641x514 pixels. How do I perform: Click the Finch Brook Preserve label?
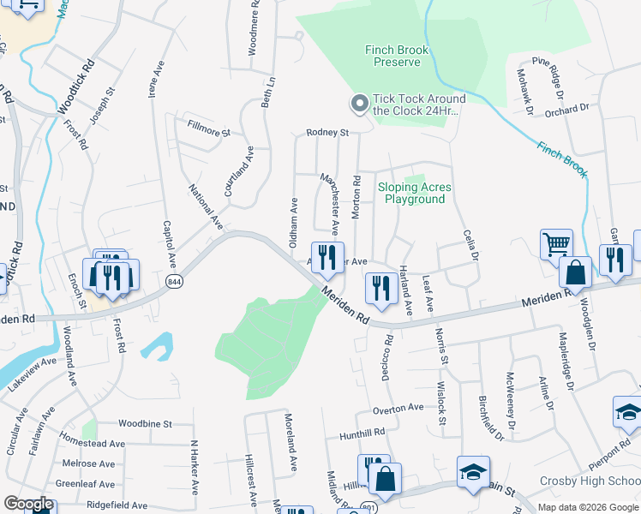tap(396, 57)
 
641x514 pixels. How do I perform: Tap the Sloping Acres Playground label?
tap(414, 193)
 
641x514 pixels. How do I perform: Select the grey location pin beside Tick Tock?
tap(359, 105)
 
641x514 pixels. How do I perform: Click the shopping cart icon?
tap(556, 244)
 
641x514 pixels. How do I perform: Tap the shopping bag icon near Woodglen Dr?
tap(577, 272)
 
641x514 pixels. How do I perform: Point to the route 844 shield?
tap(175, 282)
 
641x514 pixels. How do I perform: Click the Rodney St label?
tap(328, 133)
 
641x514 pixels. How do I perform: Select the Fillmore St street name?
tap(209, 133)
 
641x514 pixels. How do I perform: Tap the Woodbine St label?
tap(146, 424)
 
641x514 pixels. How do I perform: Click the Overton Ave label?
tap(398, 408)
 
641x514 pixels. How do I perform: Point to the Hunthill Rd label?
tap(361, 433)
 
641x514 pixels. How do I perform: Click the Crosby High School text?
tap(590, 481)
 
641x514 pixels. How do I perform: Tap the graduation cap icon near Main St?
tap(472, 473)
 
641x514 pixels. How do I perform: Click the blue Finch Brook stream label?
tap(562, 159)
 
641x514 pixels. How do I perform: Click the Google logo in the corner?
tap(27, 504)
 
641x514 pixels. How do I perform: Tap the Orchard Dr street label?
tap(566, 109)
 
